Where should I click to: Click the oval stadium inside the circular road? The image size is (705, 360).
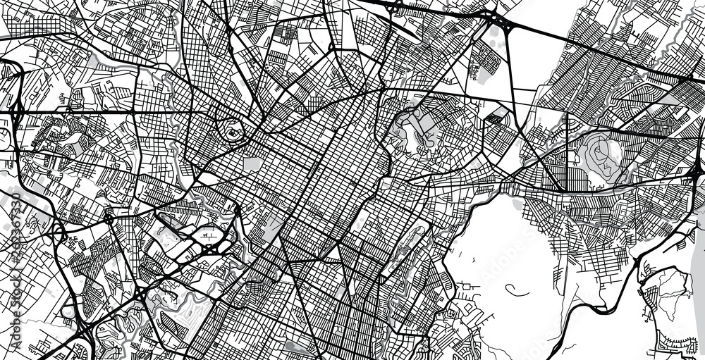click(x=232, y=130)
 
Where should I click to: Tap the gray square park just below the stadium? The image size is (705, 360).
click(x=252, y=164)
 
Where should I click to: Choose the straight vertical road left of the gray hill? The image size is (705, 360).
click(x=567, y=151)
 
